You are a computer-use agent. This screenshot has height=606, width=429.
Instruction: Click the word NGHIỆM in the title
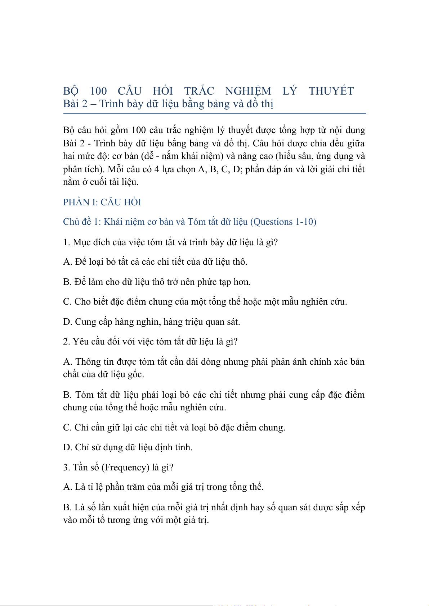[x=248, y=91]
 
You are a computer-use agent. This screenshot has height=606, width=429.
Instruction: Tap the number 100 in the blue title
[x=98, y=91]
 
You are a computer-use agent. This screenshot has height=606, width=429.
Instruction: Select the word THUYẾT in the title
[x=331, y=91]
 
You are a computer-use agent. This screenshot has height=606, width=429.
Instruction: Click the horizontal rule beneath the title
[x=215, y=114]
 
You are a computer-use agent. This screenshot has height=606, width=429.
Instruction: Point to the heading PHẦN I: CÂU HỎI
[x=102, y=202]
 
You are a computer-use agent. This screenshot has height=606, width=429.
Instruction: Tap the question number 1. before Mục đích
[x=66, y=242]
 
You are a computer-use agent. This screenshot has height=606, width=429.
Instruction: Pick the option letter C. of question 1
[x=67, y=301]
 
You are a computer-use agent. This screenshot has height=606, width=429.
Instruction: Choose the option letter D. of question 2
[x=68, y=447]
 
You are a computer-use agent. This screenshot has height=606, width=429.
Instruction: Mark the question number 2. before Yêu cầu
[x=66, y=341]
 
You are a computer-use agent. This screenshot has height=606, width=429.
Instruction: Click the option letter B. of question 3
[x=67, y=507]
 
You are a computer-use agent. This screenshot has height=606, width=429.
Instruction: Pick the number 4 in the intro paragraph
[x=157, y=169]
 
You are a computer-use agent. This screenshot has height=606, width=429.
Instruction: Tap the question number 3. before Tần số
[x=66, y=467]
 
